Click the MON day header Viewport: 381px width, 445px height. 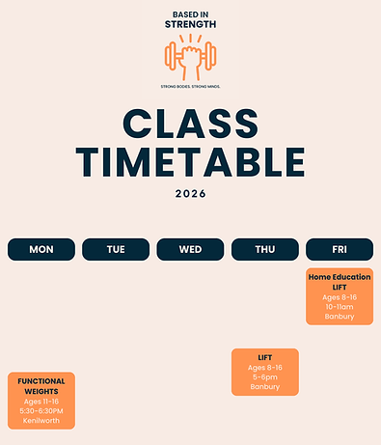(41, 249)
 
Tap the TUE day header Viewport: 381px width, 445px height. (116, 249)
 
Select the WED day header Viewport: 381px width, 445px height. (190, 249)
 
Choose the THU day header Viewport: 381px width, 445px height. (265, 249)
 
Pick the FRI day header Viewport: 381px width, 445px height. (340, 249)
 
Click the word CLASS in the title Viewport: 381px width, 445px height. (191, 125)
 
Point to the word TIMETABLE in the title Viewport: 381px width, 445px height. (191, 159)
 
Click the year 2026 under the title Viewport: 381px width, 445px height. (191, 193)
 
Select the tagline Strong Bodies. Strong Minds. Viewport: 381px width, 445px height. (190, 86)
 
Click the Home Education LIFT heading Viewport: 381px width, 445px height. (340, 282)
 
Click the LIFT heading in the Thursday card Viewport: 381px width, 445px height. (265, 358)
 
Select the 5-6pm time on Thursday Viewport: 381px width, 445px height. (265, 377)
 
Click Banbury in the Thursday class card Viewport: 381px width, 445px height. (265, 387)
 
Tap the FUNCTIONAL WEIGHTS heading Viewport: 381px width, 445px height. (41, 386)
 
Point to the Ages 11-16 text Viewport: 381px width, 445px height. (41, 401)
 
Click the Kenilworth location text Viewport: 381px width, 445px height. (41, 420)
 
